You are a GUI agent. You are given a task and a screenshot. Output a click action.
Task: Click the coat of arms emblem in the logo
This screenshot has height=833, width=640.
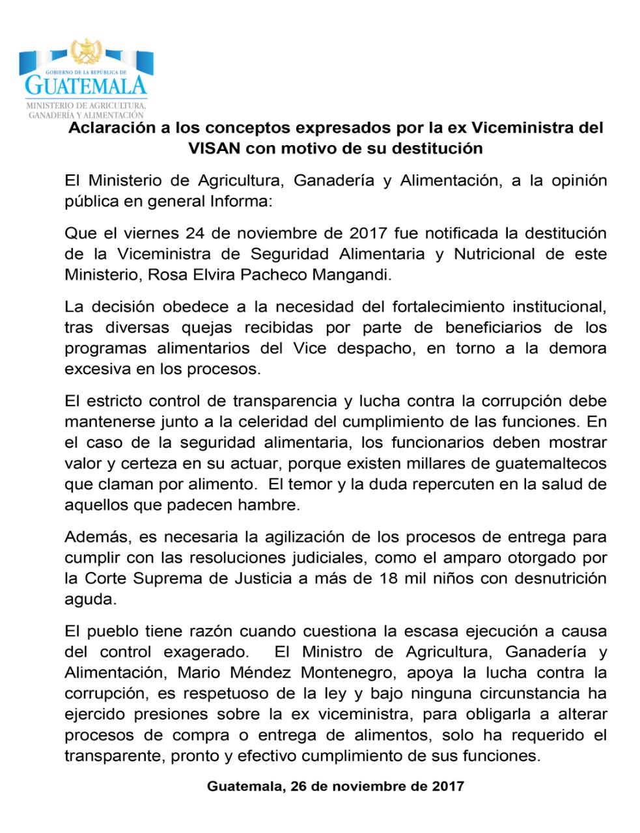(87, 51)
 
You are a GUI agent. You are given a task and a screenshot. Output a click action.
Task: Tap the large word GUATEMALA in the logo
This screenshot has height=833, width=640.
(86, 85)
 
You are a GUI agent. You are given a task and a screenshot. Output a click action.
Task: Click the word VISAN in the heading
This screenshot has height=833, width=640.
(214, 148)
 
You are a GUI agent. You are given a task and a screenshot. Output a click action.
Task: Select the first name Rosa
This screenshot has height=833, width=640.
(163, 275)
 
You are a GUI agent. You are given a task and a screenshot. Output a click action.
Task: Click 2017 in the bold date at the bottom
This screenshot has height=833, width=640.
(448, 786)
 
